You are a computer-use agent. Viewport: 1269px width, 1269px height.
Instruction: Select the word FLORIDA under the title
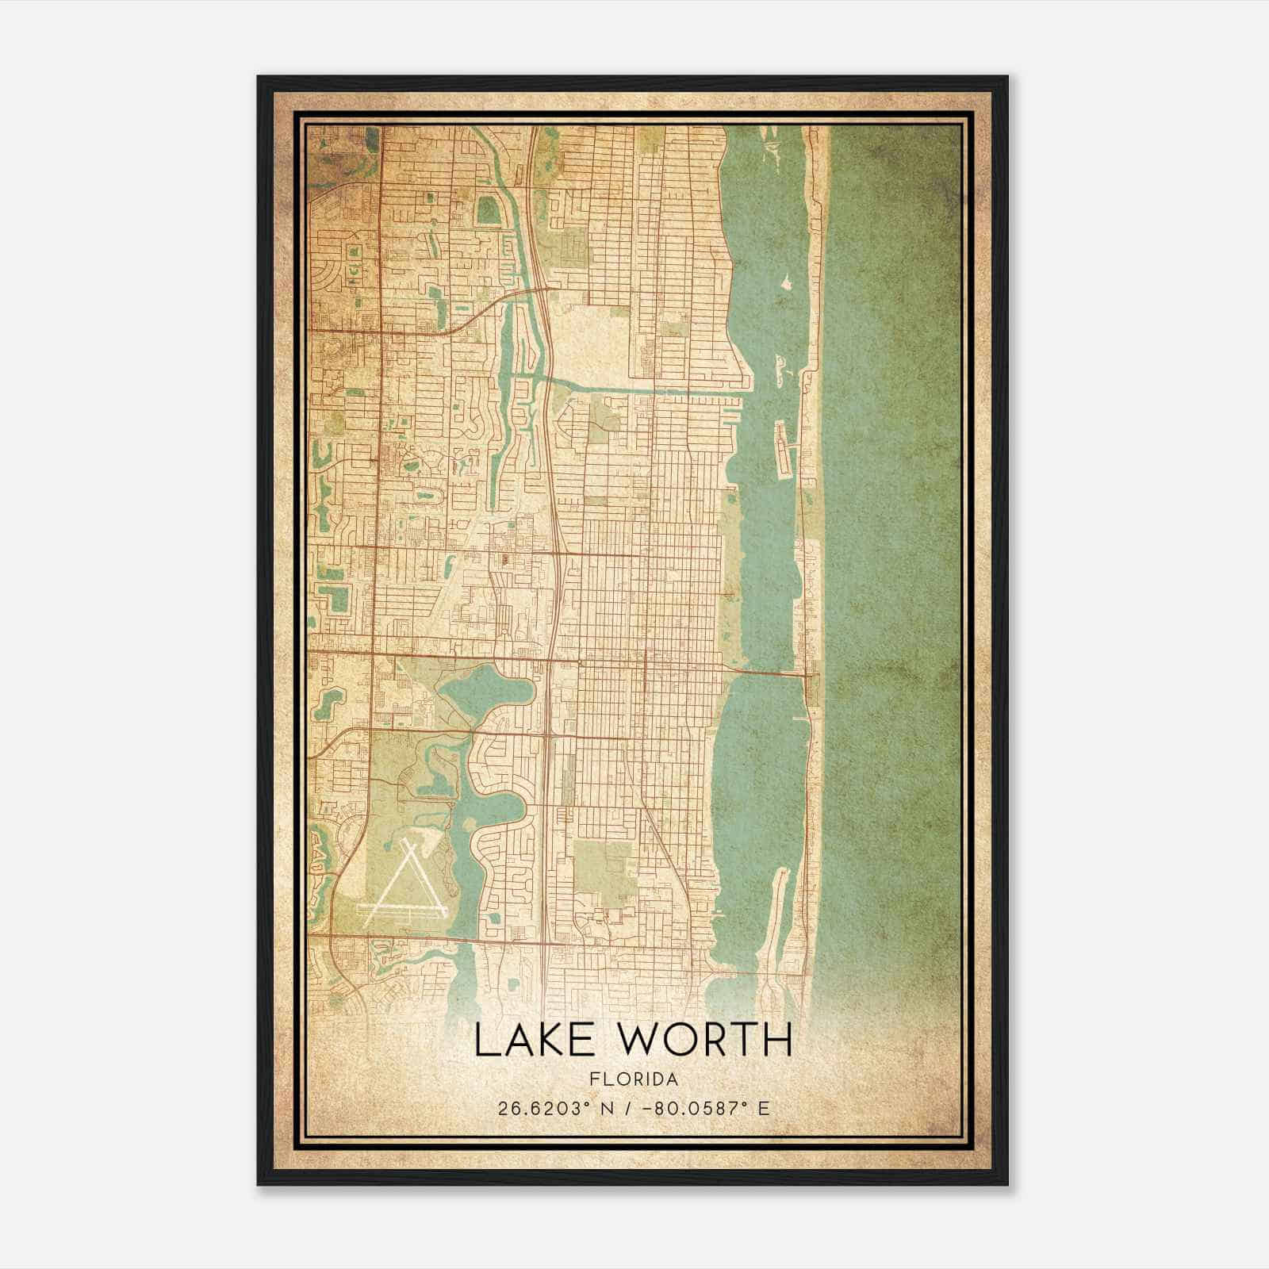tap(633, 1079)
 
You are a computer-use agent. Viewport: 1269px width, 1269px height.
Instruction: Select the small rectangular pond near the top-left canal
tap(489, 211)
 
